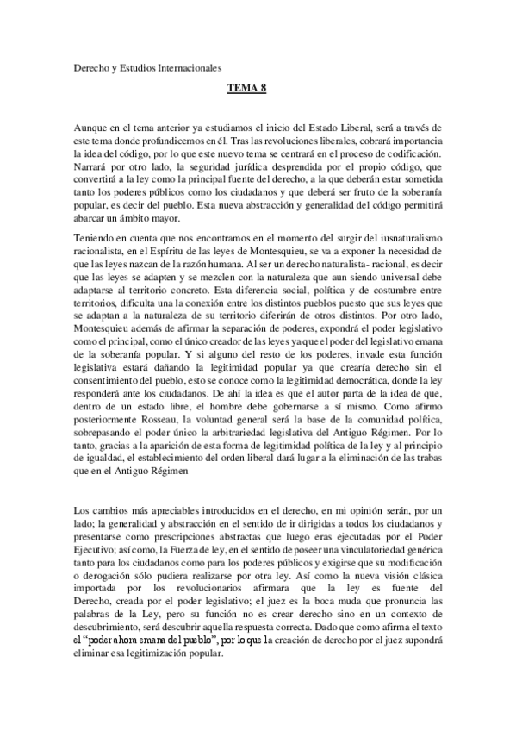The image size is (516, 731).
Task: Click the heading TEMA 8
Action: click(246, 88)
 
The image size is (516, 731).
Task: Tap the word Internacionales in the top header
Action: click(183, 64)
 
